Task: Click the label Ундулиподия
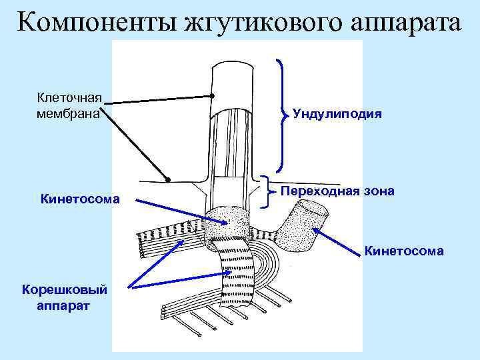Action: point(337,114)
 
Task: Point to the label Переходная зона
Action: point(337,191)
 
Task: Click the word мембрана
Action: point(68,113)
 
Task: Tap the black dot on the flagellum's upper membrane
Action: point(212,96)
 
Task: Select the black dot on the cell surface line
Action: point(168,179)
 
